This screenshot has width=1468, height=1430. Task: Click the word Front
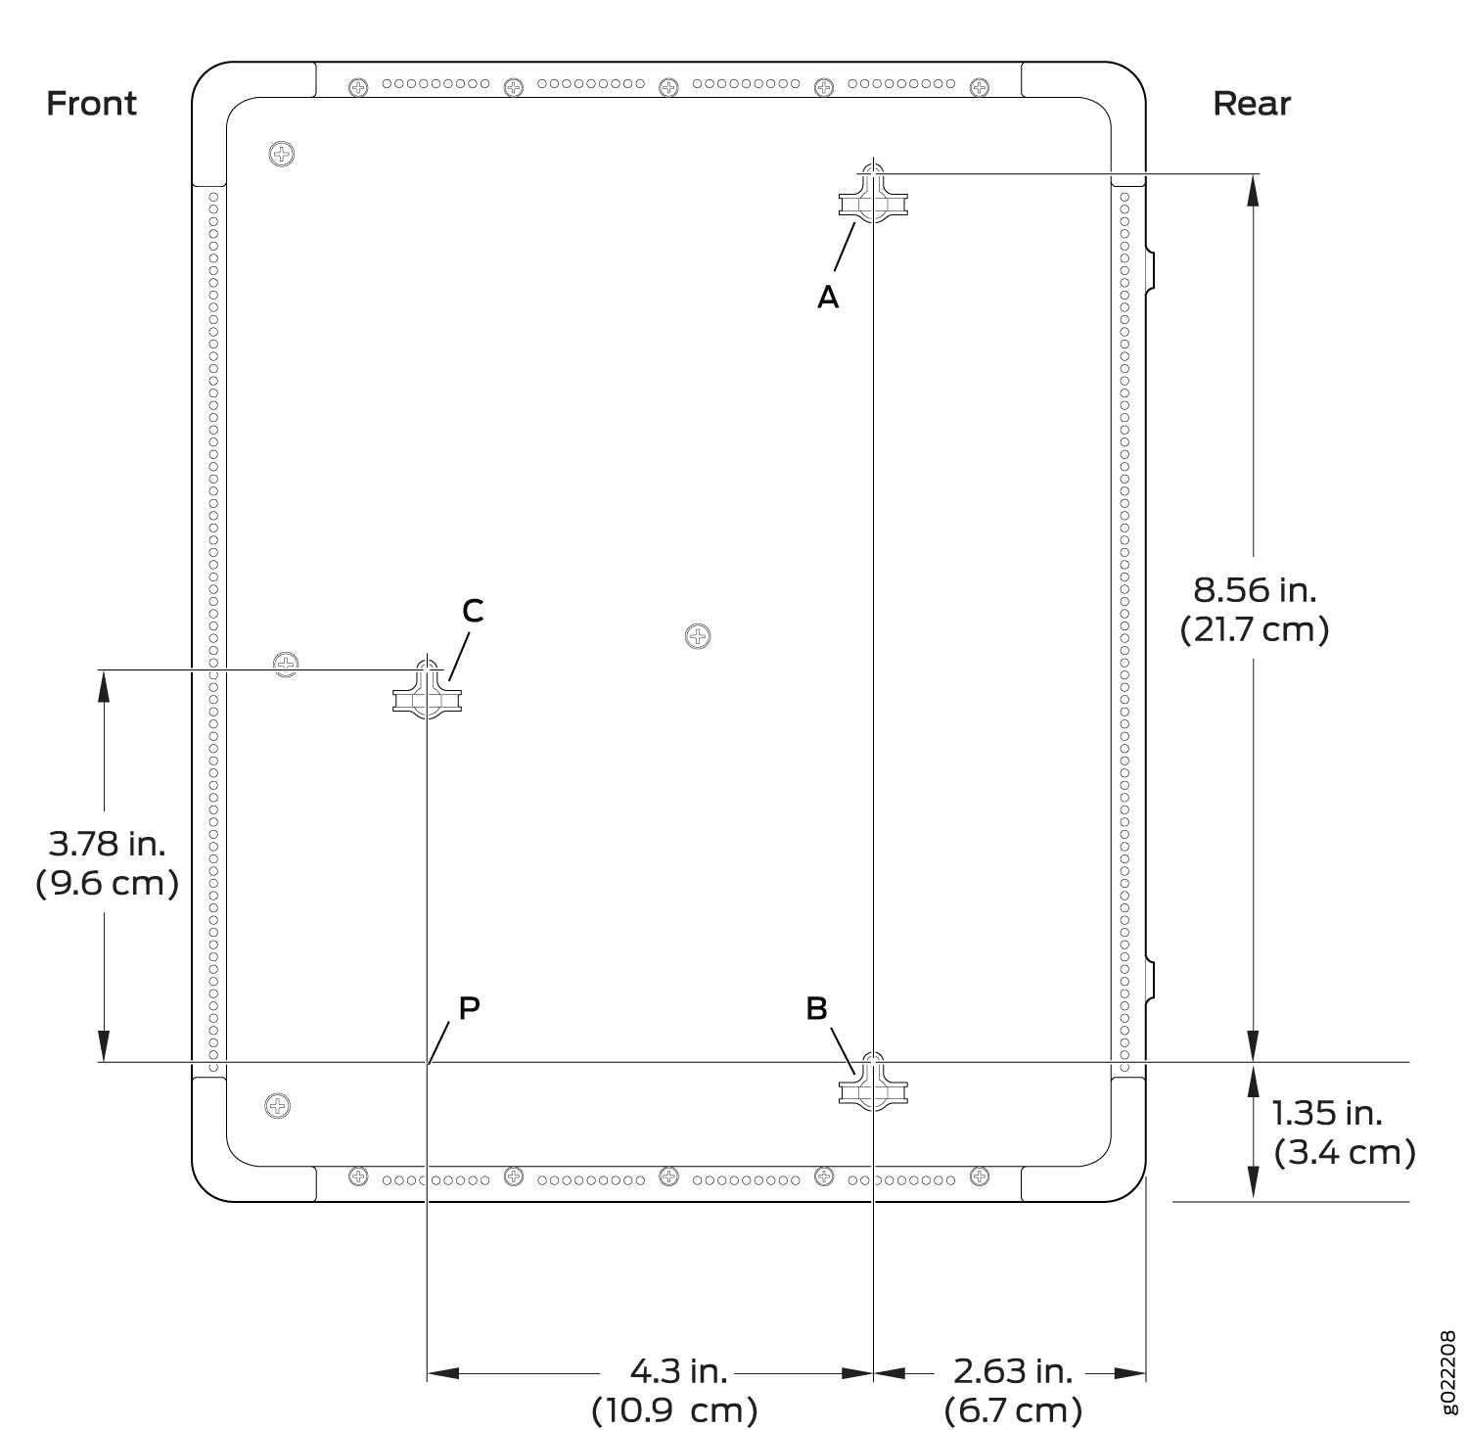click(92, 103)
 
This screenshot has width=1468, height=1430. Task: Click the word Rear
click(1252, 103)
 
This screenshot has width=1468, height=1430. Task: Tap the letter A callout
click(828, 297)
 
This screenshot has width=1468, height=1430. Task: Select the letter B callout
click(817, 1008)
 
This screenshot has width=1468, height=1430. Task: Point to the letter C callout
click(473, 611)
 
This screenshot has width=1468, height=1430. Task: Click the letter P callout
click(470, 1008)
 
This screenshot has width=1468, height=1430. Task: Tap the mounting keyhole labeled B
click(873, 1082)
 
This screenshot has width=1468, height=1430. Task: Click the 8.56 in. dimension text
click(1255, 589)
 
